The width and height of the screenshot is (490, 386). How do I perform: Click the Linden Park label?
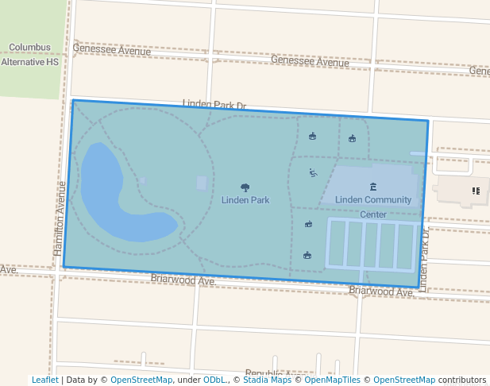click(x=245, y=200)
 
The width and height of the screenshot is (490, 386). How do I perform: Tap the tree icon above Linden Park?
click(x=245, y=188)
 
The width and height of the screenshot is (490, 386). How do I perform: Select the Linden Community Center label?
click(x=373, y=200)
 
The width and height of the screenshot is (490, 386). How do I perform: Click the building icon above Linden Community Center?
click(x=373, y=187)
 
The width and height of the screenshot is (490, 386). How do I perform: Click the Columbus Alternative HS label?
click(x=30, y=54)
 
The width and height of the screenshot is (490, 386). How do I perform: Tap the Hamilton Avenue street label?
click(x=60, y=218)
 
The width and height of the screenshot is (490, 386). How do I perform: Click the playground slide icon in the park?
click(x=313, y=172)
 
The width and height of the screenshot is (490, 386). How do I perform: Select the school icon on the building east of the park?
click(x=476, y=191)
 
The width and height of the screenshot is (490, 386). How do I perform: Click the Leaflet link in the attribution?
click(x=45, y=380)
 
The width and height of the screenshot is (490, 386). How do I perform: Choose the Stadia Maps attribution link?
click(x=267, y=380)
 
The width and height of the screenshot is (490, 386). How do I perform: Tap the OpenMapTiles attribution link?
click(x=333, y=380)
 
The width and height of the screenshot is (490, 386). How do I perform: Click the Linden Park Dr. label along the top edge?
click(x=214, y=105)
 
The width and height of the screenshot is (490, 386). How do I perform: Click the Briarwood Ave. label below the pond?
click(x=183, y=280)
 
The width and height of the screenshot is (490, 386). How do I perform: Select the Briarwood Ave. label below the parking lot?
click(x=381, y=291)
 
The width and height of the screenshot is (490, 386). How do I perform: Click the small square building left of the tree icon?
click(x=202, y=183)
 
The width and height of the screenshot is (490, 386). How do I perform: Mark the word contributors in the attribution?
click(x=462, y=380)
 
